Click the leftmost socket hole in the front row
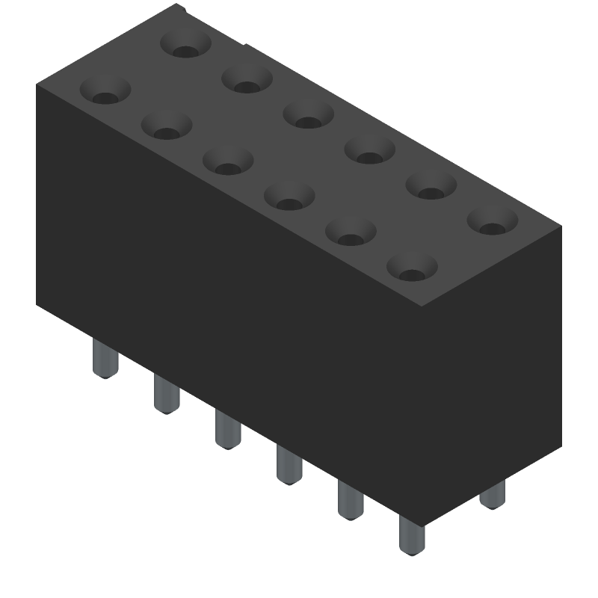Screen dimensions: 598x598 [x=105, y=91]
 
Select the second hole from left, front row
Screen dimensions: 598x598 [x=167, y=126]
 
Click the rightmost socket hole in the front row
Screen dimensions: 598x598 [x=411, y=267]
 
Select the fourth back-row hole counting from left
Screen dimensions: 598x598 [x=370, y=149]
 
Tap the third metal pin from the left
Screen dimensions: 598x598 [x=227, y=429]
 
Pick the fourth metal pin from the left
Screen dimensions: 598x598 [x=289, y=464]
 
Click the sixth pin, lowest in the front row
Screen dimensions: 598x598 [x=410, y=534]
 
